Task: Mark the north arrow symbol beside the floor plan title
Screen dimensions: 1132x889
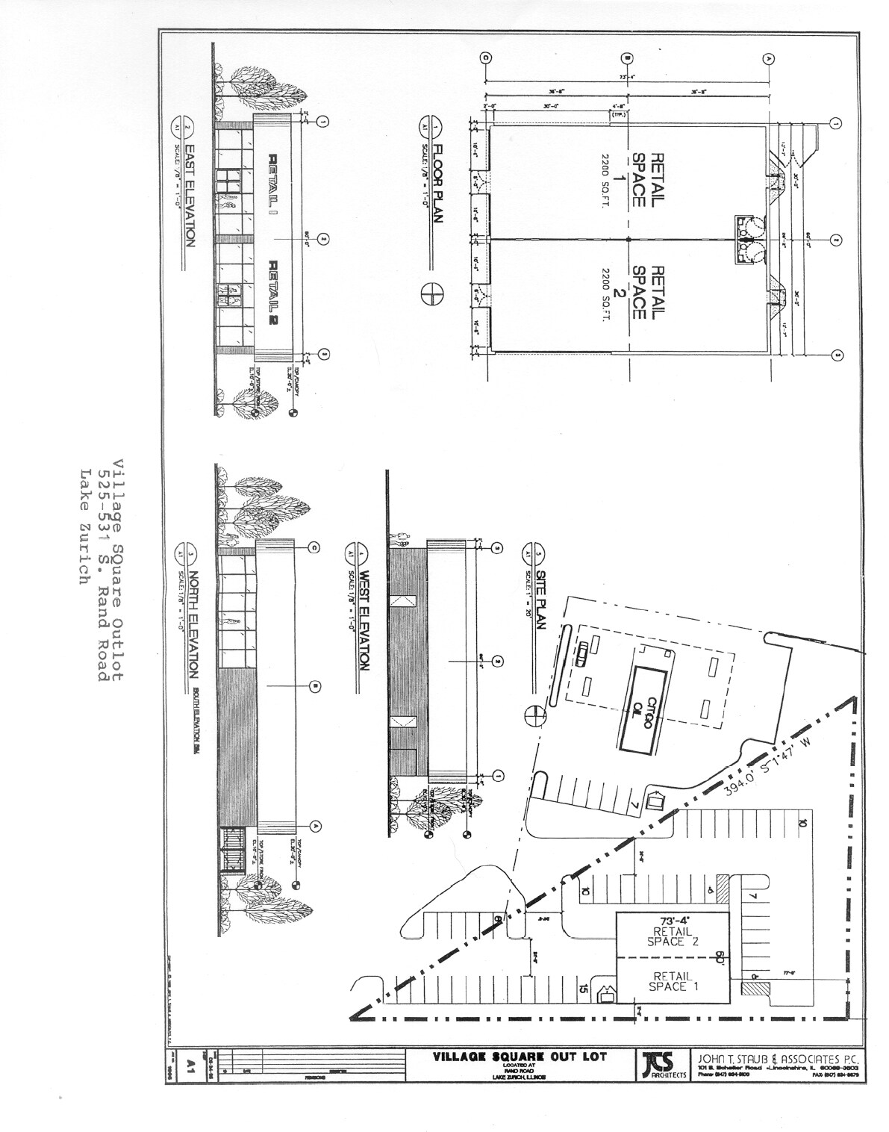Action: point(432,294)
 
